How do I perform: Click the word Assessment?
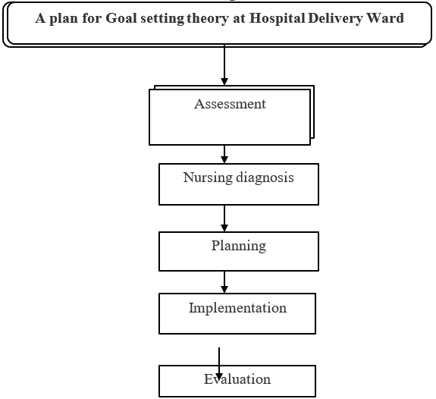tap(230, 104)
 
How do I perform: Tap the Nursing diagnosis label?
tap(238, 178)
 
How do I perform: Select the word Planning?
tap(239, 247)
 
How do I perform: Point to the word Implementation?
tap(237, 308)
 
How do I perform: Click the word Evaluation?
tap(237, 379)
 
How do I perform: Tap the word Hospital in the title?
tap(278, 19)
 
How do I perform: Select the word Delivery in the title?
tap(336, 19)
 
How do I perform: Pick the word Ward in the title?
tap(385, 18)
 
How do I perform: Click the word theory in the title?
tap(208, 19)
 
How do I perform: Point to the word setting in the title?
tap(162, 19)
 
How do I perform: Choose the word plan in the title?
tap(64, 19)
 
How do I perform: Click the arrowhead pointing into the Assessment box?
tap(224, 81)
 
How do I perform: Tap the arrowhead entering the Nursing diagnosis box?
tap(224, 159)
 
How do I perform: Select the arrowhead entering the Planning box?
tap(224, 228)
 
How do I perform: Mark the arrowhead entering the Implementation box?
tap(224, 289)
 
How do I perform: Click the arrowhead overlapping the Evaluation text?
tap(219, 377)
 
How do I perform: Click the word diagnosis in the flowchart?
tap(265, 178)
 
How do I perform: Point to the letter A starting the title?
tap(40, 18)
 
